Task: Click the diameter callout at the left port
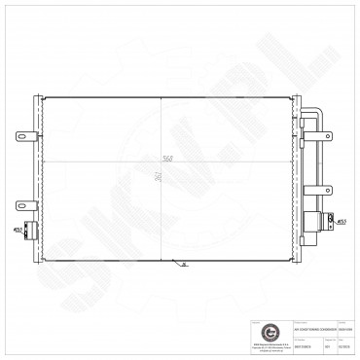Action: coord(19,231)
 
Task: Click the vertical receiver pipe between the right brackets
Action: coord(316,165)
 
